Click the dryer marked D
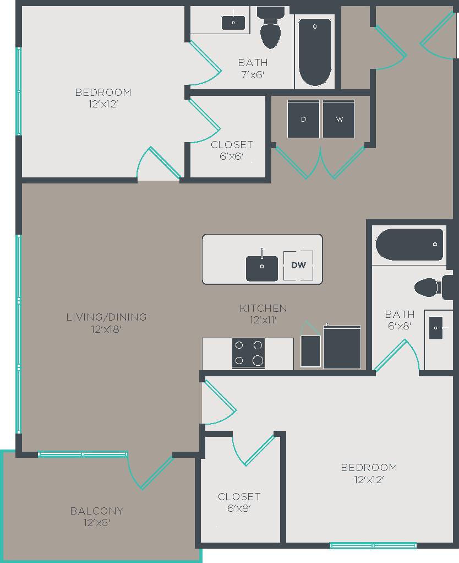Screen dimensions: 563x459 (x=304, y=119)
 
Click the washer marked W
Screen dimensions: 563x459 (x=338, y=119)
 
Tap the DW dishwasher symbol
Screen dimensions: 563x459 (x=298, y=266)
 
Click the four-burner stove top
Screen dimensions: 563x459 (x=248, y=353)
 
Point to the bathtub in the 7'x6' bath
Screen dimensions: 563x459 (x=315, y=52)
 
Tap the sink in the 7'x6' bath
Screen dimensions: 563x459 (x=233, y=23)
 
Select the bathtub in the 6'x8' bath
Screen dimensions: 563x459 (x=409, y=245)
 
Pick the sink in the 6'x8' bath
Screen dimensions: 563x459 (x=436, y=328)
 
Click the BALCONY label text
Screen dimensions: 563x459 (x=97, y=511)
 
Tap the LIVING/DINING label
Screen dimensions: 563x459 (x=106, y=317)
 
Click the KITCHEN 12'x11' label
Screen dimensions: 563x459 (x=263, y=313)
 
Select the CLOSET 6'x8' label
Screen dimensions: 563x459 (x=239, y=502)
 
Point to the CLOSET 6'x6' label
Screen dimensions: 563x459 (x=232, y=150)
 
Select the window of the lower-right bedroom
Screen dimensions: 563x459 (x=373, y=545)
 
